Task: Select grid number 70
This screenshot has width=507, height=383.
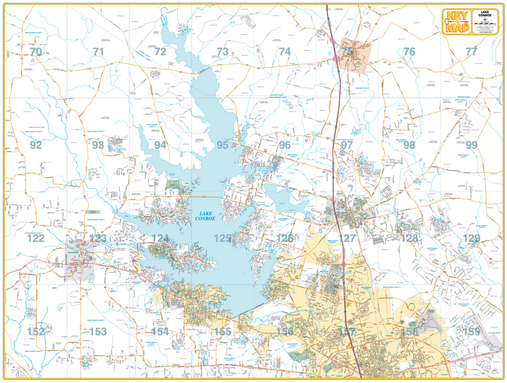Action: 35,52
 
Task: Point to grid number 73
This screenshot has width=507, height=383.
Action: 222,52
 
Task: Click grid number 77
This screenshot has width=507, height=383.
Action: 471,52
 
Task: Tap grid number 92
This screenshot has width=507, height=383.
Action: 35,145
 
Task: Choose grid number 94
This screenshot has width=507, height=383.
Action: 160,145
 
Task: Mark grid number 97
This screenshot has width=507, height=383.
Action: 347,145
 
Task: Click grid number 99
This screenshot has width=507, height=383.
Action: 471,145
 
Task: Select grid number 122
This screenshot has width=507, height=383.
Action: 35,239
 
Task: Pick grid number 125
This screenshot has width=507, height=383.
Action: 222,239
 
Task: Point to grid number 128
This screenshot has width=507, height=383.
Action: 409,239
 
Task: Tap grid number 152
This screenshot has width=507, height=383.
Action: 35,332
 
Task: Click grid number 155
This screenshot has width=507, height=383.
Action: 222,332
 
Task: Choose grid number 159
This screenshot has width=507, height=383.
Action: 471,332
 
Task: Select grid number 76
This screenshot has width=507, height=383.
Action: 409,52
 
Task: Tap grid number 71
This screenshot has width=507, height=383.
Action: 98,52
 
